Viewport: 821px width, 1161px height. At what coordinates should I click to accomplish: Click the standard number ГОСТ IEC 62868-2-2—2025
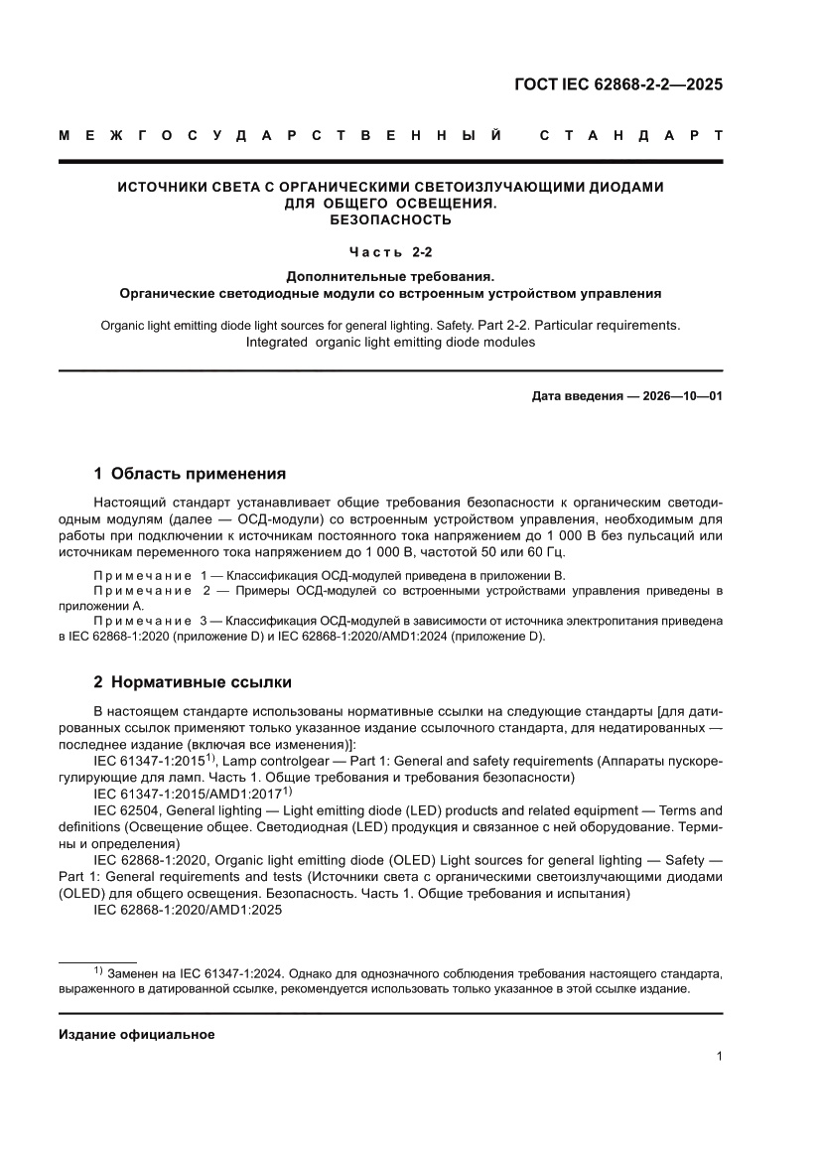click(617, 84)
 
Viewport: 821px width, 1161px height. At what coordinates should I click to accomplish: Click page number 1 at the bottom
click(719, 1057)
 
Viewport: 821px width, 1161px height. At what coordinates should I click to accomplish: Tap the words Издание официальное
click(137, 1034)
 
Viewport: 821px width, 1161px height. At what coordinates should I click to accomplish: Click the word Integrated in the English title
click(278, 343)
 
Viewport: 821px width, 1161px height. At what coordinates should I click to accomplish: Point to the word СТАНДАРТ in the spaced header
click(630, 134)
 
